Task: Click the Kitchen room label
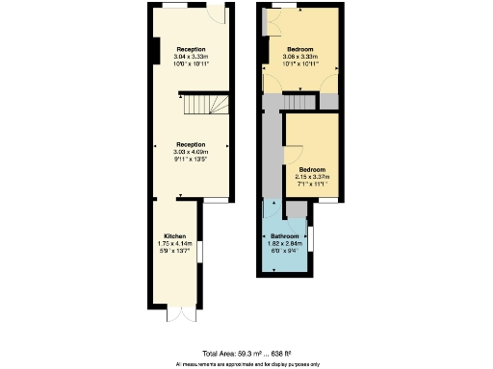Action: tap(174, 235)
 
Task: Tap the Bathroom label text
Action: tap(284, 236)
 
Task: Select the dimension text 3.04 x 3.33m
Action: tap(191, 57)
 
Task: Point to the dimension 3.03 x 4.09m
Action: tap(191, 151)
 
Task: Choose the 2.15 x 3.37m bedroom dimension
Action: tap(312, 177)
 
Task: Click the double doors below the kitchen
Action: tap(174, 314)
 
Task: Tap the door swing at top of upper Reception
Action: tap(219, 14)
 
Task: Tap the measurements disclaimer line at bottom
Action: tap(246, 364)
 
